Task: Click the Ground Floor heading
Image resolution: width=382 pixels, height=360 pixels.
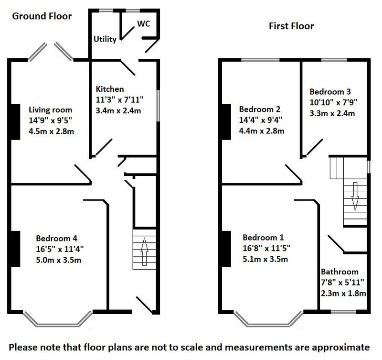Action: click(42, 16)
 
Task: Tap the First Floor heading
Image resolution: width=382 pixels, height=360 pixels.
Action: click(291, 26)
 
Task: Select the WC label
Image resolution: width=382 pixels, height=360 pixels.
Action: click(144, 23)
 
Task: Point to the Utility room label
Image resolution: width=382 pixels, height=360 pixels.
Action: click(105, 39)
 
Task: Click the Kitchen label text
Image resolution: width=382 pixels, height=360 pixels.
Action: click(110, 89)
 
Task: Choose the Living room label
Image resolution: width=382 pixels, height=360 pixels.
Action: click(51, 110)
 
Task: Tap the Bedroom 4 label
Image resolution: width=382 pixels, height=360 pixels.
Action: click(56, 238)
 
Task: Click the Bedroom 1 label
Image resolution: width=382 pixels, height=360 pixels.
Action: click(263, 237)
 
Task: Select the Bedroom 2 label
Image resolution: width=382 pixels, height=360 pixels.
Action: click(260, 109)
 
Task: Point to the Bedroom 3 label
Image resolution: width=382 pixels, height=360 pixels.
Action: click(330, 92)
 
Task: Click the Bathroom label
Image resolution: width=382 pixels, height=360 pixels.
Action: click(340, 272)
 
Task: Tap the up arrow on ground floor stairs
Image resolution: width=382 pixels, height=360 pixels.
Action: click(144, 251)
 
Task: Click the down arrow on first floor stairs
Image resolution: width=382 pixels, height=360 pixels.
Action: click(355, 196)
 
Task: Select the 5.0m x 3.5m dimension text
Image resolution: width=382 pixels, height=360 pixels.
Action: click(58, 260)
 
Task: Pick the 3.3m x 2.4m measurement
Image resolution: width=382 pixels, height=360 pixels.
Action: click(332, 113)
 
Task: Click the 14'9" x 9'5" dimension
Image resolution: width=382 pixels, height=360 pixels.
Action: click(51, 120)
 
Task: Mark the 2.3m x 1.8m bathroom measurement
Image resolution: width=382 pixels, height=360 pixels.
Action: click(343, 293)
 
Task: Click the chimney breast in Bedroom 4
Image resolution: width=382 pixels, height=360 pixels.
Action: click(15, 249)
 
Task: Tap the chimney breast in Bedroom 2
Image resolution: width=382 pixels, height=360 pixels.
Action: click(226, 122)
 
